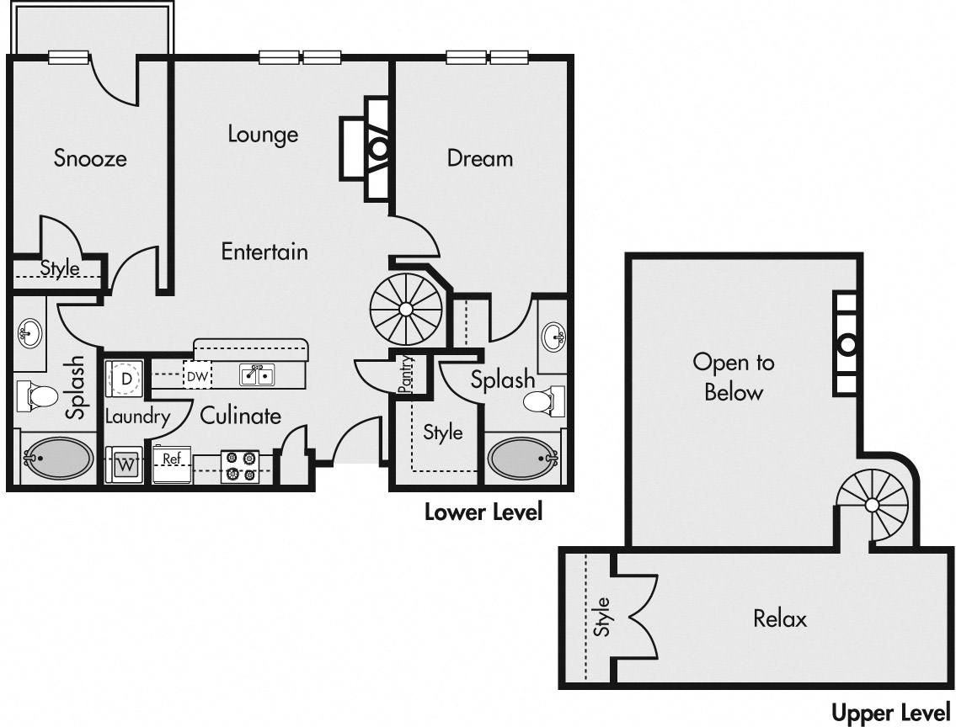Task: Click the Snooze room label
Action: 90,158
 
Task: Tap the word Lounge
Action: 263,135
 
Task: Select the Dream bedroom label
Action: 480,158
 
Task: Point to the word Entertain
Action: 264,252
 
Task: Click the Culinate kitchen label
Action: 241,416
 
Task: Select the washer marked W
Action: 125,465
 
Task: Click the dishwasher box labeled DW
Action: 197,377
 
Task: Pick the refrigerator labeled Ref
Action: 172,464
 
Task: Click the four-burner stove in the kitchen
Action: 240,466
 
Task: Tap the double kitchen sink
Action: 257,375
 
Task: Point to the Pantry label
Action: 405,374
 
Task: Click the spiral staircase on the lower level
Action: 406,310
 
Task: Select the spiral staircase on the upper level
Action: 873,505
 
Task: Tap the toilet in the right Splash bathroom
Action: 540,402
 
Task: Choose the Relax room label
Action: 780,618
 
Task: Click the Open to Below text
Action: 734,377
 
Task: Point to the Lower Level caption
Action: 483,512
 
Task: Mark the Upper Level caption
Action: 891,713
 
